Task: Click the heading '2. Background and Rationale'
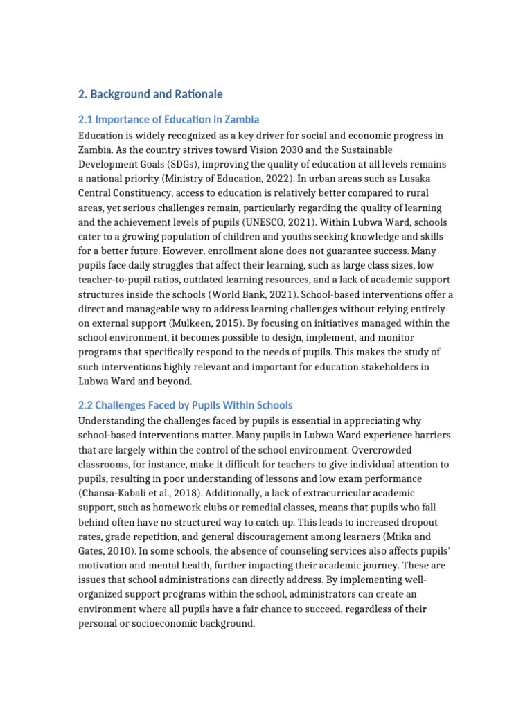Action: [150, 94]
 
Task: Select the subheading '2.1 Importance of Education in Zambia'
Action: [169, 120]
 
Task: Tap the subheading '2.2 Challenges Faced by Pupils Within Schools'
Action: [185, 405]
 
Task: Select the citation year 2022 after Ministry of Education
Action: [283, 179]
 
